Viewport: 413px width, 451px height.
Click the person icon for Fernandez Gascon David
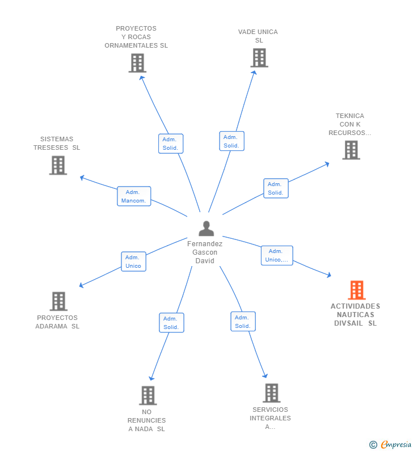point(206,229)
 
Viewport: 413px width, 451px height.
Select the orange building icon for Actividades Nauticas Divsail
point(356,290)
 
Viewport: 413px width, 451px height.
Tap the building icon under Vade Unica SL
point(259,57)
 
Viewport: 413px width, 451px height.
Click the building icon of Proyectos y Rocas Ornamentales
point(137,63)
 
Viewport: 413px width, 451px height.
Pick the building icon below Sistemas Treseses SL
point(58,165)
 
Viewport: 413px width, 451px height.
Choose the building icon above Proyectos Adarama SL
point(58,301)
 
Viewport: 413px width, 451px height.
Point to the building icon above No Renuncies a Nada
point(147,395)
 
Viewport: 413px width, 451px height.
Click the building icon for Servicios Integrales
point(271,393)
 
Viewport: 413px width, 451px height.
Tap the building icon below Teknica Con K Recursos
point(351,150)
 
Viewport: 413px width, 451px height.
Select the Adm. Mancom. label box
point(134,196)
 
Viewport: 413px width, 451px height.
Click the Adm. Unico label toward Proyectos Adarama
point(133,262)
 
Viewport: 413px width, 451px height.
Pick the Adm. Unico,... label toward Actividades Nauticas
point(277,256)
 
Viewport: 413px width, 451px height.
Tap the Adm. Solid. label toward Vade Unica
point(231,141)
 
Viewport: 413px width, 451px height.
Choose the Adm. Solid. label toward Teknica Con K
point(276,188)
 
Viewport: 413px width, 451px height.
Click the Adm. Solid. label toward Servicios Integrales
point(243,322)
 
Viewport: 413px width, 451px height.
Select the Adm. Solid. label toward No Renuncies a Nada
point(171,323)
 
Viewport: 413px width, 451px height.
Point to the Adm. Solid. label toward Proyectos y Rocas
point(170,144)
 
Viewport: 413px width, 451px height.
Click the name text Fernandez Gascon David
point(205,252)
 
